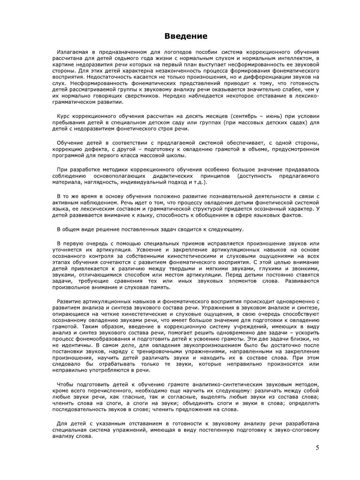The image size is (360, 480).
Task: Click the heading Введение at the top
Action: (186, 36)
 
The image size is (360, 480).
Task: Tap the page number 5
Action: (317, 448)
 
